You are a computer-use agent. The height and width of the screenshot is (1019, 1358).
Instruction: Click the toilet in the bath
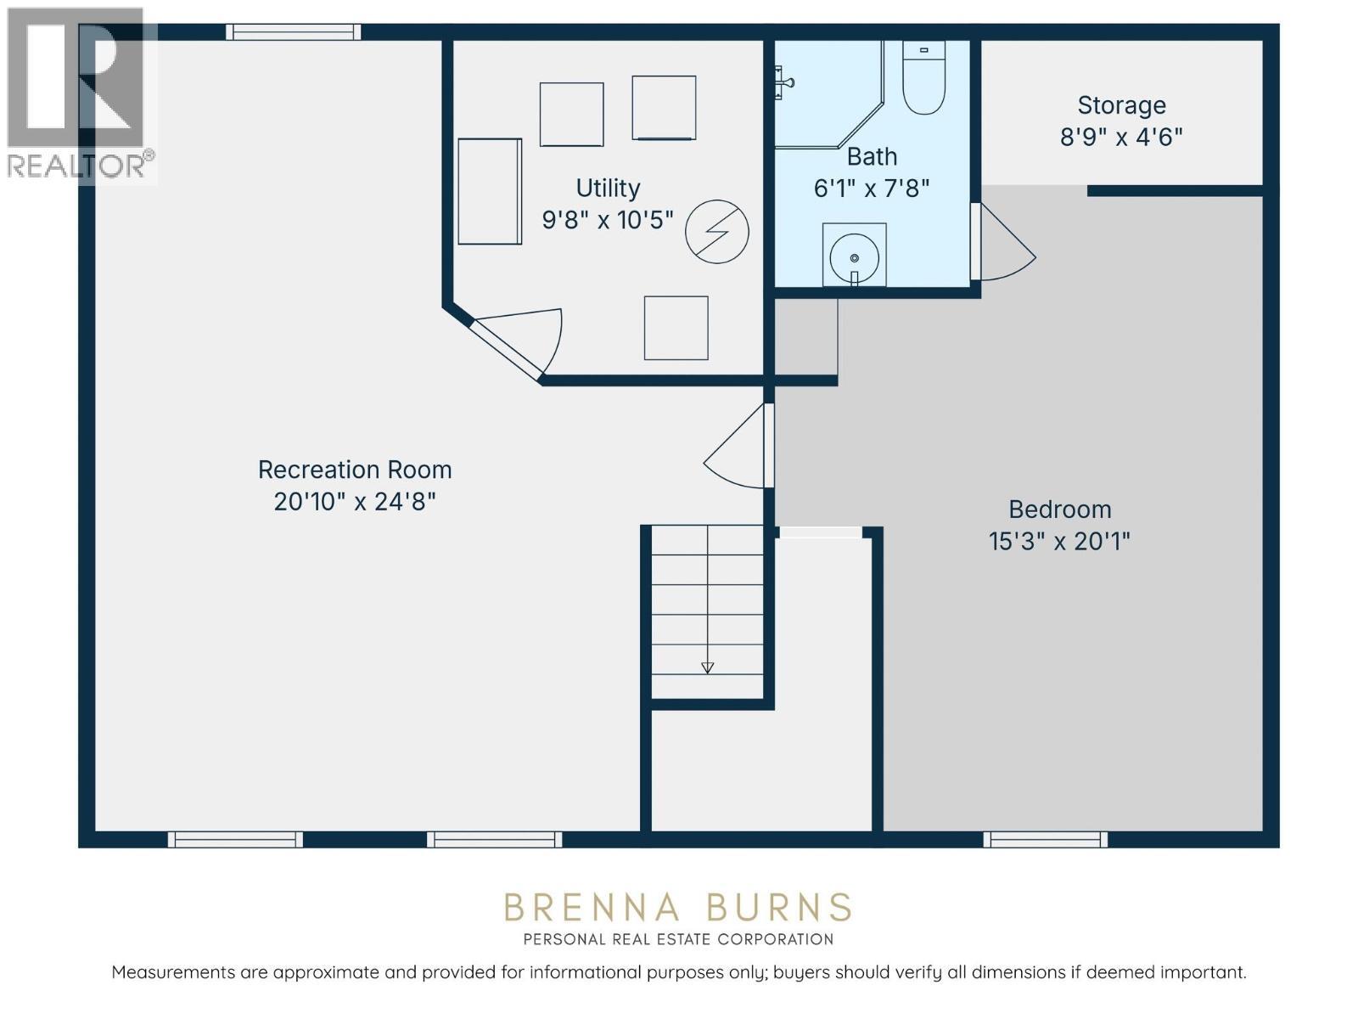pyautogui.click(x=923, y=78)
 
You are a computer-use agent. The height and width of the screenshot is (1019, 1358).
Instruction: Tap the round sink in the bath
pyautogui.click(x=854, y=255)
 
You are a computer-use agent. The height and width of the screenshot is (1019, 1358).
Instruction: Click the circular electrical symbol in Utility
pyautogui.click(x=717, y=232)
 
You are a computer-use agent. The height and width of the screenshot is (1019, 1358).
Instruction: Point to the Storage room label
pyautogui.click(x=1121, y=105)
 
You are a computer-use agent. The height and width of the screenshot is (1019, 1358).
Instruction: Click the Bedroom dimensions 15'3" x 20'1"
pyautogui.click(x=1059, y=541)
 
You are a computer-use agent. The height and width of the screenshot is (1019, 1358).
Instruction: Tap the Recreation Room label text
pyautogui.click(x=355, y=470)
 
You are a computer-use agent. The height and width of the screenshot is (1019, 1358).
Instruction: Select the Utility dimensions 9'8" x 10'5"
pyautogui.click(x=608, y=220)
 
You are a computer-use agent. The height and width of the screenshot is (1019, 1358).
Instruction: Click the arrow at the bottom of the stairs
pyautogui.click(x=707, y=667)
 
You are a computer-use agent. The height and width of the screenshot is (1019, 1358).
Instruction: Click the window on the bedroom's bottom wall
pyautogui.click(x=1045, y=840)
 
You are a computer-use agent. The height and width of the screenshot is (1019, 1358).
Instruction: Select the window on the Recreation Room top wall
pyautogui.click(x=293, y=32)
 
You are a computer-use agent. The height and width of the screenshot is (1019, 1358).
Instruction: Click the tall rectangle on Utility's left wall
pyautogui.click(x=490, y=192)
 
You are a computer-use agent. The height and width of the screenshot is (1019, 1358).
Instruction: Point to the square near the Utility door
pyautogui.click(x=676, y=328)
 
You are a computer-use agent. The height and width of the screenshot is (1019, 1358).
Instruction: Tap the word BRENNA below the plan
pyautogui.click(x=592, y=908)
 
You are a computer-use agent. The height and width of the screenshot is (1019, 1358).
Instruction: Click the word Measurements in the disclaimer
pyautogui.click(x=173, y=972)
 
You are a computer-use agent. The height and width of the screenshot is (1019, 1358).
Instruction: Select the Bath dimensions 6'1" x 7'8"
pyautogui.click(x=872, y=189)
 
